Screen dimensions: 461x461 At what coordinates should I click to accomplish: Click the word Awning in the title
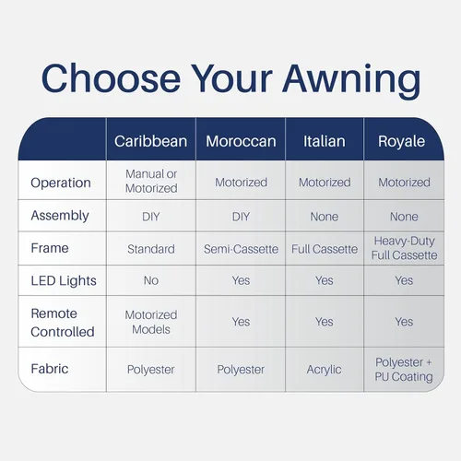pyautogui.click(x=351, y=79)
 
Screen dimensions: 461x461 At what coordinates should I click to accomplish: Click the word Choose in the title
pyautogui.click(x=111, y=77)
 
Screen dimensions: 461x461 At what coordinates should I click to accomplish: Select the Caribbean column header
pyautogui.click(x=150, y=141)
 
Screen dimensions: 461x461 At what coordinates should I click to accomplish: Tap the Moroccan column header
pyautogui.click(x=241, y=141)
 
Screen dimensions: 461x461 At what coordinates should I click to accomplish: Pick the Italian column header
pyautogui.click(x=325, y=141)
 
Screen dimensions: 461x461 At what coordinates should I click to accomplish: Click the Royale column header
pyautogui.click(x=401, y=142)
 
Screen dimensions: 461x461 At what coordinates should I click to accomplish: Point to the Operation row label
pyautogui.click(x=61, y=183)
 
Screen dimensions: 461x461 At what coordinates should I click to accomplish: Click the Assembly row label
pyautogui.click(x=60, y=216)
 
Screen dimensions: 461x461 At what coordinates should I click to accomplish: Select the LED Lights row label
pyautogui.click(x=64, y=280)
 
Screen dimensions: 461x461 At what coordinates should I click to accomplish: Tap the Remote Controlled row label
pyautogui.click(x=63, y=323)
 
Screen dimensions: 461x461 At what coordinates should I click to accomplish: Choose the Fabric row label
pyautogui.click(x=50, y=369)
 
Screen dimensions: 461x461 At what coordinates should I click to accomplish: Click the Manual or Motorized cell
pyautogui.click(x=151, y=181)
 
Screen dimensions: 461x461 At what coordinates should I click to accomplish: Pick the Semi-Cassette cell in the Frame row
pyautogui.click(x=241, y=249)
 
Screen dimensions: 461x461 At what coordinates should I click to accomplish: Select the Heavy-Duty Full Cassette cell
pyautogui.click(x=404, y=248)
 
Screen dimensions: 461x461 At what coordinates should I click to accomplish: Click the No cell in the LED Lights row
pyautogui.click(x=151, y=280)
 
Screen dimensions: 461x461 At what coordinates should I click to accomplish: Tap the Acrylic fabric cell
pyautogui.click(x=324, y=370)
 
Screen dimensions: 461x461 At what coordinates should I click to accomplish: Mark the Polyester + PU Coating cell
pyautogui.click(x=404, y=370)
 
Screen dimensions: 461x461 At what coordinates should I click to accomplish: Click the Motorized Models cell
pyautogui.click(x=151, y=322)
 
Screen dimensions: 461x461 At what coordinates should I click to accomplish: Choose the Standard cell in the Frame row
pyautogui.click(x=151, y=249)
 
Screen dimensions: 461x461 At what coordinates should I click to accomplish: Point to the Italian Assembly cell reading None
pyautogui.click(x=325, y=217)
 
